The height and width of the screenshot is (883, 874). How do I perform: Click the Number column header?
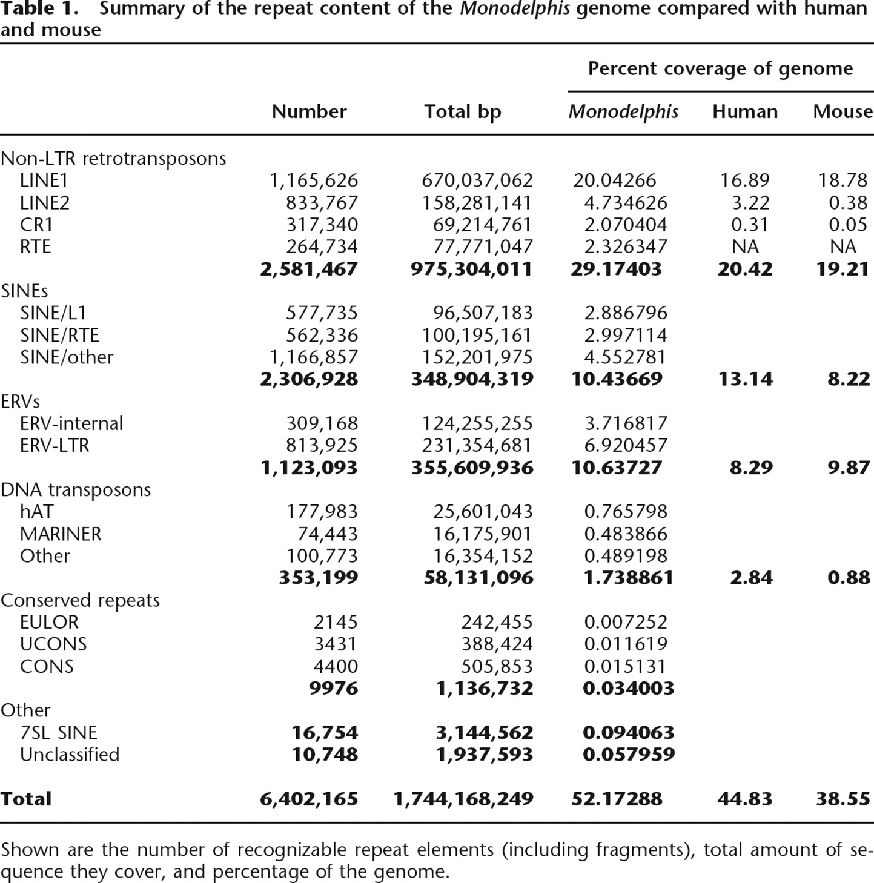pos(309,111)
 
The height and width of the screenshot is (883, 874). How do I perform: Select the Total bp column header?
pos(462,111)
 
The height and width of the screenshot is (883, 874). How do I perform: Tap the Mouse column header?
pos(843,111)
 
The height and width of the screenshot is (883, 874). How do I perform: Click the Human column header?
pos(744,111)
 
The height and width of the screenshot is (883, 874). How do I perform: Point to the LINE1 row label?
pos(44,180)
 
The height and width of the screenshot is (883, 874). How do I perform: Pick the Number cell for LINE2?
pos(322,202)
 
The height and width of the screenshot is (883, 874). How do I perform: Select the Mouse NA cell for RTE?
pos(843,246)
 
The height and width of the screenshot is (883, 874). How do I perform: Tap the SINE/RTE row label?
pos(59,335)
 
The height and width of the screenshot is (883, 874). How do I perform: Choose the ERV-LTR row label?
pos(55,445)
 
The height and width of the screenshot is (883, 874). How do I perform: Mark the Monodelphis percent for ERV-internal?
pos(626,423)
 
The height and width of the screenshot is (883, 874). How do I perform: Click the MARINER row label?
pos(61,534)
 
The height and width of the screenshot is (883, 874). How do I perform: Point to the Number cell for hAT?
pos(322,512)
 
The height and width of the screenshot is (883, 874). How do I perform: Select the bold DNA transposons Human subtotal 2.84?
pos(751,578)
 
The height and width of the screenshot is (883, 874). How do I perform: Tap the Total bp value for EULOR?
pos(497,622)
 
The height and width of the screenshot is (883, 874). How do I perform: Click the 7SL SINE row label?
pos(58,733)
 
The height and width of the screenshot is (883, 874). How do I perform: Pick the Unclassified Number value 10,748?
pos(325,755)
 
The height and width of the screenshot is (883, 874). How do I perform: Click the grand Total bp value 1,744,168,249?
pos(463,799)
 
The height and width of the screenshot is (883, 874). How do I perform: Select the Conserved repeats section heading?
pos(80,600)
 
